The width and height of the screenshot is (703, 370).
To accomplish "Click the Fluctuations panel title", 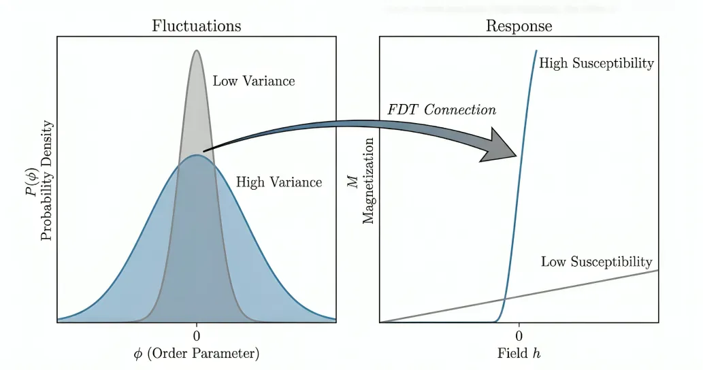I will (197, 26).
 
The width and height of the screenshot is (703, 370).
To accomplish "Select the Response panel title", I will (519, 26).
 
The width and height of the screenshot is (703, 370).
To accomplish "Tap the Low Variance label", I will (254, 81).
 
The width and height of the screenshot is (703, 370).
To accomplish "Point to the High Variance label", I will (278, 182).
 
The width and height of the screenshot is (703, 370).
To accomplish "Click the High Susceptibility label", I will (596, 63).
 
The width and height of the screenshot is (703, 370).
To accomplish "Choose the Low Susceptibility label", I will (596, 262).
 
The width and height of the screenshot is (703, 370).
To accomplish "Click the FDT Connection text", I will (442, 110).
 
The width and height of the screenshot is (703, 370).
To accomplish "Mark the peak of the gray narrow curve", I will (197, 50).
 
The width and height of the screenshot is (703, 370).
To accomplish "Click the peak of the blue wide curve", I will (197, 155).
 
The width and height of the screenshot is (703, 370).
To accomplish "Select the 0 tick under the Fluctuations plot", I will (197, 335).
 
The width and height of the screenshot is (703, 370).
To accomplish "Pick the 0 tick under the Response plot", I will (519, 335).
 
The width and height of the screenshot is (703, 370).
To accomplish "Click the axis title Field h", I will (519, 354).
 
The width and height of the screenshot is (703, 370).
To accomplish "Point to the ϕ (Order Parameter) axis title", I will (197, 354).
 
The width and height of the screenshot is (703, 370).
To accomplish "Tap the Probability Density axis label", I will (47, 185).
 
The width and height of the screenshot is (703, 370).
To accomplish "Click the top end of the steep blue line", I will (536, 51).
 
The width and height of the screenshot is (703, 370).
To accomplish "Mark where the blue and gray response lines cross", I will (504, 298).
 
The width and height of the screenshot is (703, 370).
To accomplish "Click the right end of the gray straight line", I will (657, 271).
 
